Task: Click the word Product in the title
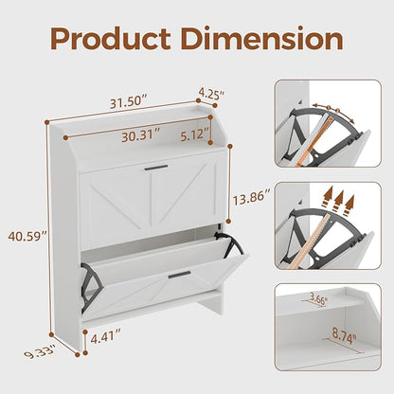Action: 111,40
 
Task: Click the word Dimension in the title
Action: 262,39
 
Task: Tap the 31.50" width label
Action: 129,101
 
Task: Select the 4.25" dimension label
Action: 211,93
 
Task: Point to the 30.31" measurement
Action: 141,135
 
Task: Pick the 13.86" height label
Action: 252,198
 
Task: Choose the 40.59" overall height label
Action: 27,236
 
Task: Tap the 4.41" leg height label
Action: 106,339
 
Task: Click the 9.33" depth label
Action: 40,351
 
